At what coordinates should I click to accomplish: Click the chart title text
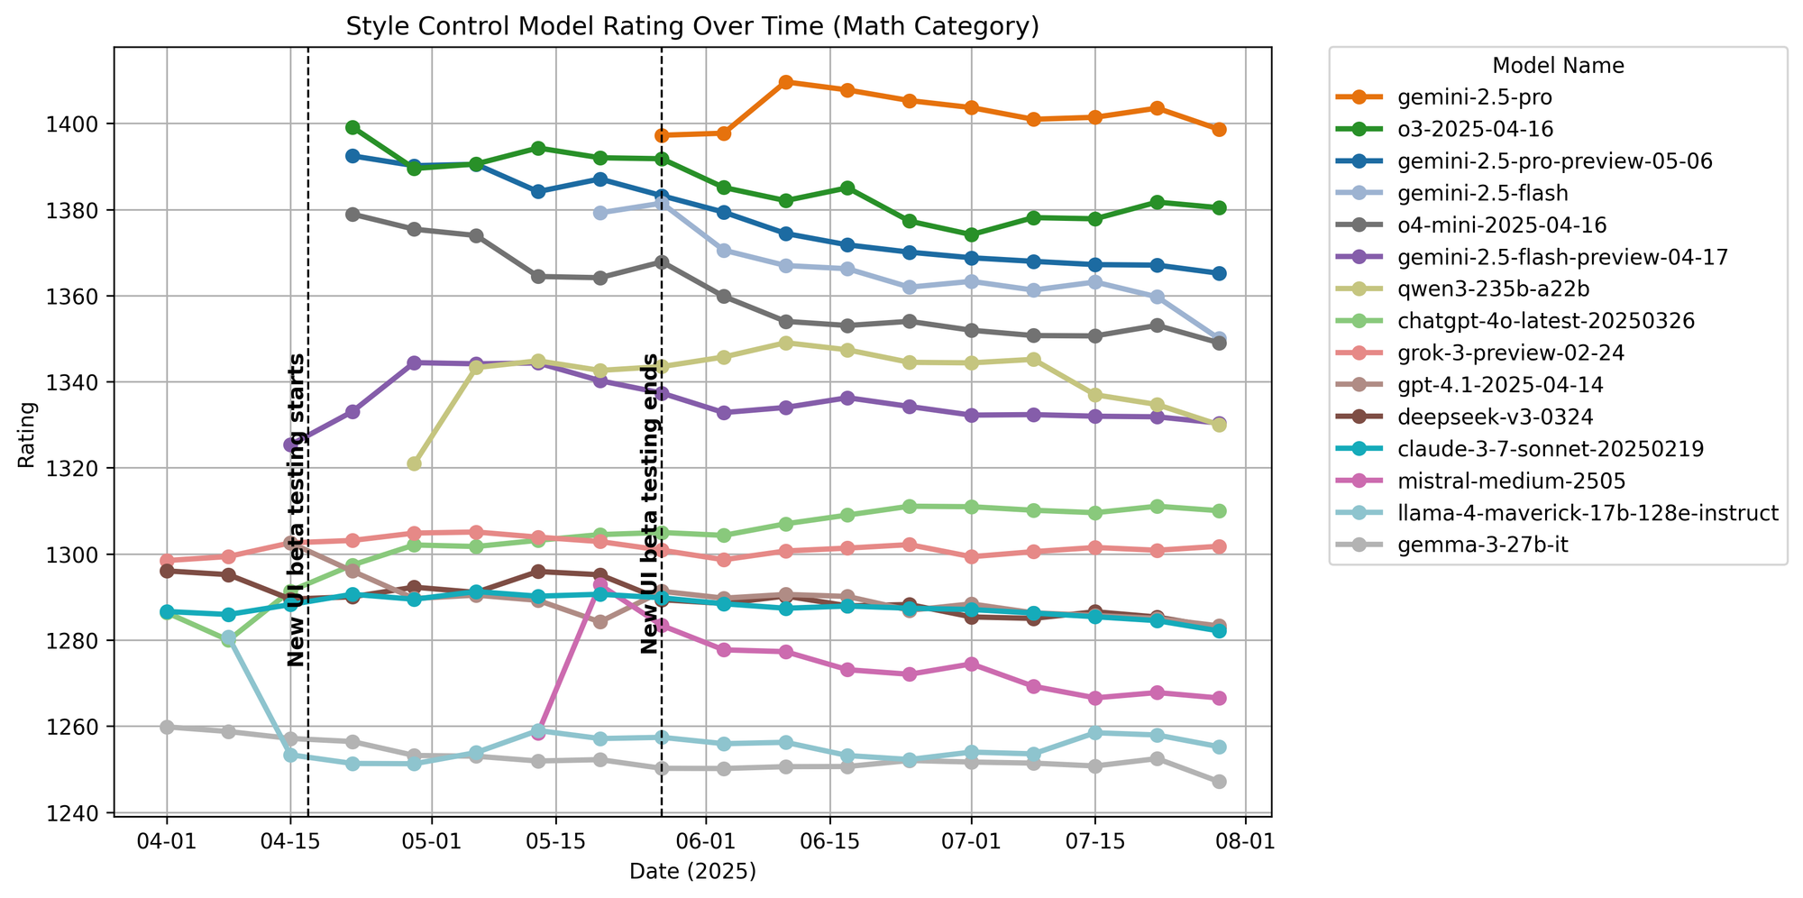point(692,27)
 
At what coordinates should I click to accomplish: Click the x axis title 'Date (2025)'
point(692,871)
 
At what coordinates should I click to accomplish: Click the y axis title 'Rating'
point(28,435)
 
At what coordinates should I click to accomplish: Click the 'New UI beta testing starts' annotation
point(297,510)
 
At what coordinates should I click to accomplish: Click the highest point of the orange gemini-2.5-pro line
point(785,82)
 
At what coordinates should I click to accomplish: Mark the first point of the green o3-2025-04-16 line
point(352,127)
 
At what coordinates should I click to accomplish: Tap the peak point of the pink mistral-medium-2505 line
point(600,585)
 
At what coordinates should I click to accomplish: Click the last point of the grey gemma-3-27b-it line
point(1219,782)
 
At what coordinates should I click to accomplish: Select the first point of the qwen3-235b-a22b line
point(414,463)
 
